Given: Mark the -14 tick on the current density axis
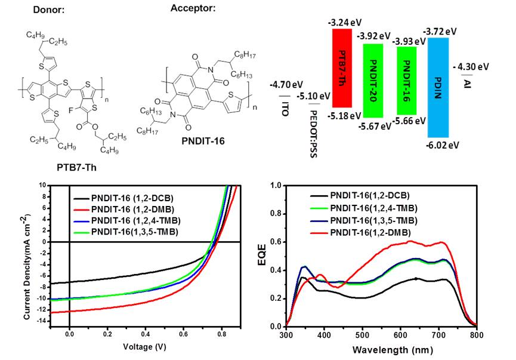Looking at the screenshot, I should tap(42, 321).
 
